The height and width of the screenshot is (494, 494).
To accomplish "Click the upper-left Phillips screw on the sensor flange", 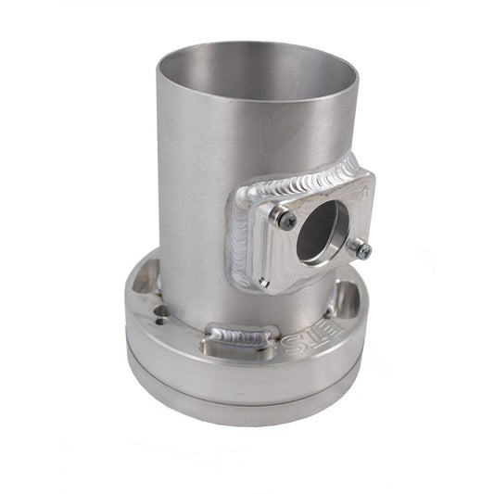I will pos(288,219).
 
